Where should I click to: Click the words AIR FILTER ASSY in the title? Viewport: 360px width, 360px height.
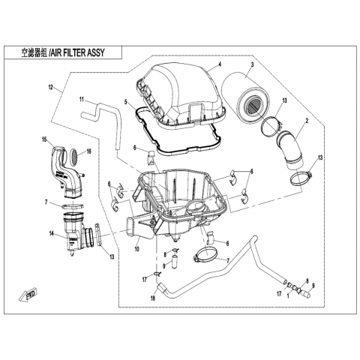(x=77, y=52)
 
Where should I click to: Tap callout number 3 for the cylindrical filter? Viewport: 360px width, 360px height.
(x=253, y=64)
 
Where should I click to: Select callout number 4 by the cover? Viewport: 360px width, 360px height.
(x=220, y=64)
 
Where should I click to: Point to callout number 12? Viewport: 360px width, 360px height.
(x=51, y=87)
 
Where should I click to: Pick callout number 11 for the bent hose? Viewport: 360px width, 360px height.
(x=82, y=99)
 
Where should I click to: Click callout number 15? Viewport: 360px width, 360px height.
(x=44, y=139)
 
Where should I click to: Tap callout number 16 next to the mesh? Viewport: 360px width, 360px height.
(x=89, y=151)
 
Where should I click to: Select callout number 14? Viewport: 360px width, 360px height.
(x=52, y=233)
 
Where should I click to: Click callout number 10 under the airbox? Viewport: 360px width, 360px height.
(x=137, y=249)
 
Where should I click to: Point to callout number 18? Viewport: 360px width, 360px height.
(x=153, y=298)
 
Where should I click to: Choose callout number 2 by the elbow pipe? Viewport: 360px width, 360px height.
(x=307, y=121)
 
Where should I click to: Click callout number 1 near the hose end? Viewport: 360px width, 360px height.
(x=288, y=296)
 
